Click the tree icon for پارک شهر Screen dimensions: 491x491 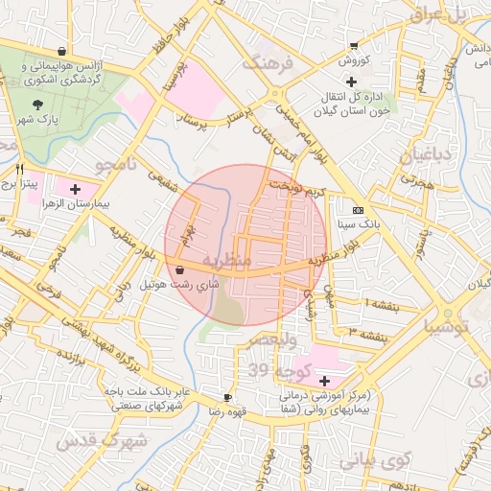(x=37, y=104)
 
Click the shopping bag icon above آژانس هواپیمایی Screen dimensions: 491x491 (x=62, y=52)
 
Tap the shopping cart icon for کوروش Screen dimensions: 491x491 (x=354, y=45)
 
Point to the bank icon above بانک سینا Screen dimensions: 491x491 (x=359, y=210)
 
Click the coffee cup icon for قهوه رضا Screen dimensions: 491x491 (x=227, y=397)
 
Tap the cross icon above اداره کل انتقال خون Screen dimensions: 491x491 (x=405, y=82)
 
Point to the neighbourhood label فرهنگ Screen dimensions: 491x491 (x=264, y=64)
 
